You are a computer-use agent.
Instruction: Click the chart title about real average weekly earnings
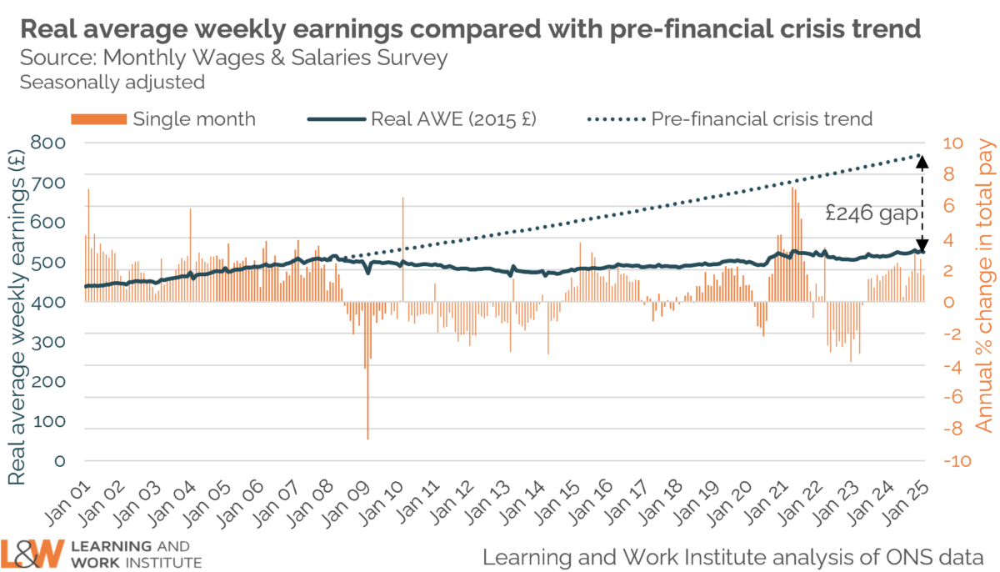pyautogui.click(x=470, y=29)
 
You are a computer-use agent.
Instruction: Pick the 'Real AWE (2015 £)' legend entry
pyautogui.click(x=422, y=118)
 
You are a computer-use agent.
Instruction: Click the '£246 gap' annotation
pyautogui.click(x=872, y=213)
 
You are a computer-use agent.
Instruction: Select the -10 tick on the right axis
pyautogui.click(x=955, y=461)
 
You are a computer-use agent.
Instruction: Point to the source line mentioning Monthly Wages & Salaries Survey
pyautogui.click(x=233, y=58)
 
